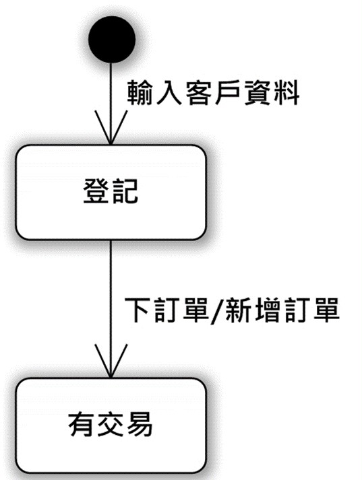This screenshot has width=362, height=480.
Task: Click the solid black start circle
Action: coord(112,39)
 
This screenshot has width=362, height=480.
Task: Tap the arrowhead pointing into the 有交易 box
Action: coord(111,361)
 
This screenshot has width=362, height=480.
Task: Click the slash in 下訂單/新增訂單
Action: coord(218,311)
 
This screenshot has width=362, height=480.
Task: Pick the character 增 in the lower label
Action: coord(267,310)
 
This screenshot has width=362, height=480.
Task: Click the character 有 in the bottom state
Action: coord(81,424)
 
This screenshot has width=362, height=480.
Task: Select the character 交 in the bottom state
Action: coord(111,424)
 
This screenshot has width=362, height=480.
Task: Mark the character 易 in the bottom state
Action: coord(140,424)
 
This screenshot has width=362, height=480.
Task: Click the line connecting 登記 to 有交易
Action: coord(111,309)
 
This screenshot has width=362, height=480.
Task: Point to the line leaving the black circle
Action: coord(111,104)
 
